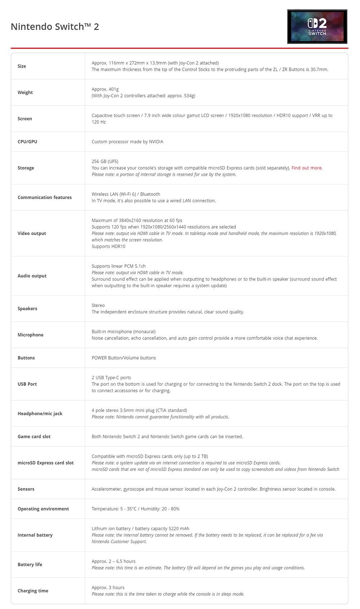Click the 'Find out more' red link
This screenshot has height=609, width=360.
[306, 168]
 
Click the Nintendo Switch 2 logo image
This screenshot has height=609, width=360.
[317, 27]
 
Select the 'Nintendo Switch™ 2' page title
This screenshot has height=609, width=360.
[55, 27]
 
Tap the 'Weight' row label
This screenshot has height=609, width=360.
[25, 92]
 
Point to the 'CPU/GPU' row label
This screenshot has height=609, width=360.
[27, 142]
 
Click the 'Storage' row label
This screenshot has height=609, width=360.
[26, 168]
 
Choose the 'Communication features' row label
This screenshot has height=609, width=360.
[45, 197]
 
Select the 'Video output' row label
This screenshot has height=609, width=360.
[32, 233]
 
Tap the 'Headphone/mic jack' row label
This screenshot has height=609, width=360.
[40, 414]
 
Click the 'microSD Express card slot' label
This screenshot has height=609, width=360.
[45, 463]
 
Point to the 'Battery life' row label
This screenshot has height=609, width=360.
[30, 565]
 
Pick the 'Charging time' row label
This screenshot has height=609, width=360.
[33, 591]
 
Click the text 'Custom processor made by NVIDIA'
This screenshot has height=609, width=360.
[127, 142]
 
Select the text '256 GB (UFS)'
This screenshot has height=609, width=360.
[105, 161]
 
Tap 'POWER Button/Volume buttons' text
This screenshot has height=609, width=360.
[124, 358]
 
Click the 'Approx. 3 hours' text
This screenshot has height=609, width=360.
[108, 588]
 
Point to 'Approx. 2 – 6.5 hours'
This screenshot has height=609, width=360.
[113, 561]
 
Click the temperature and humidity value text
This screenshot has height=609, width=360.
[135, 509]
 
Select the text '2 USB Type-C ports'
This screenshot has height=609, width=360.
[111, 378]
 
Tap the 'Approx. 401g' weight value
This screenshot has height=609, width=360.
[105, 89]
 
